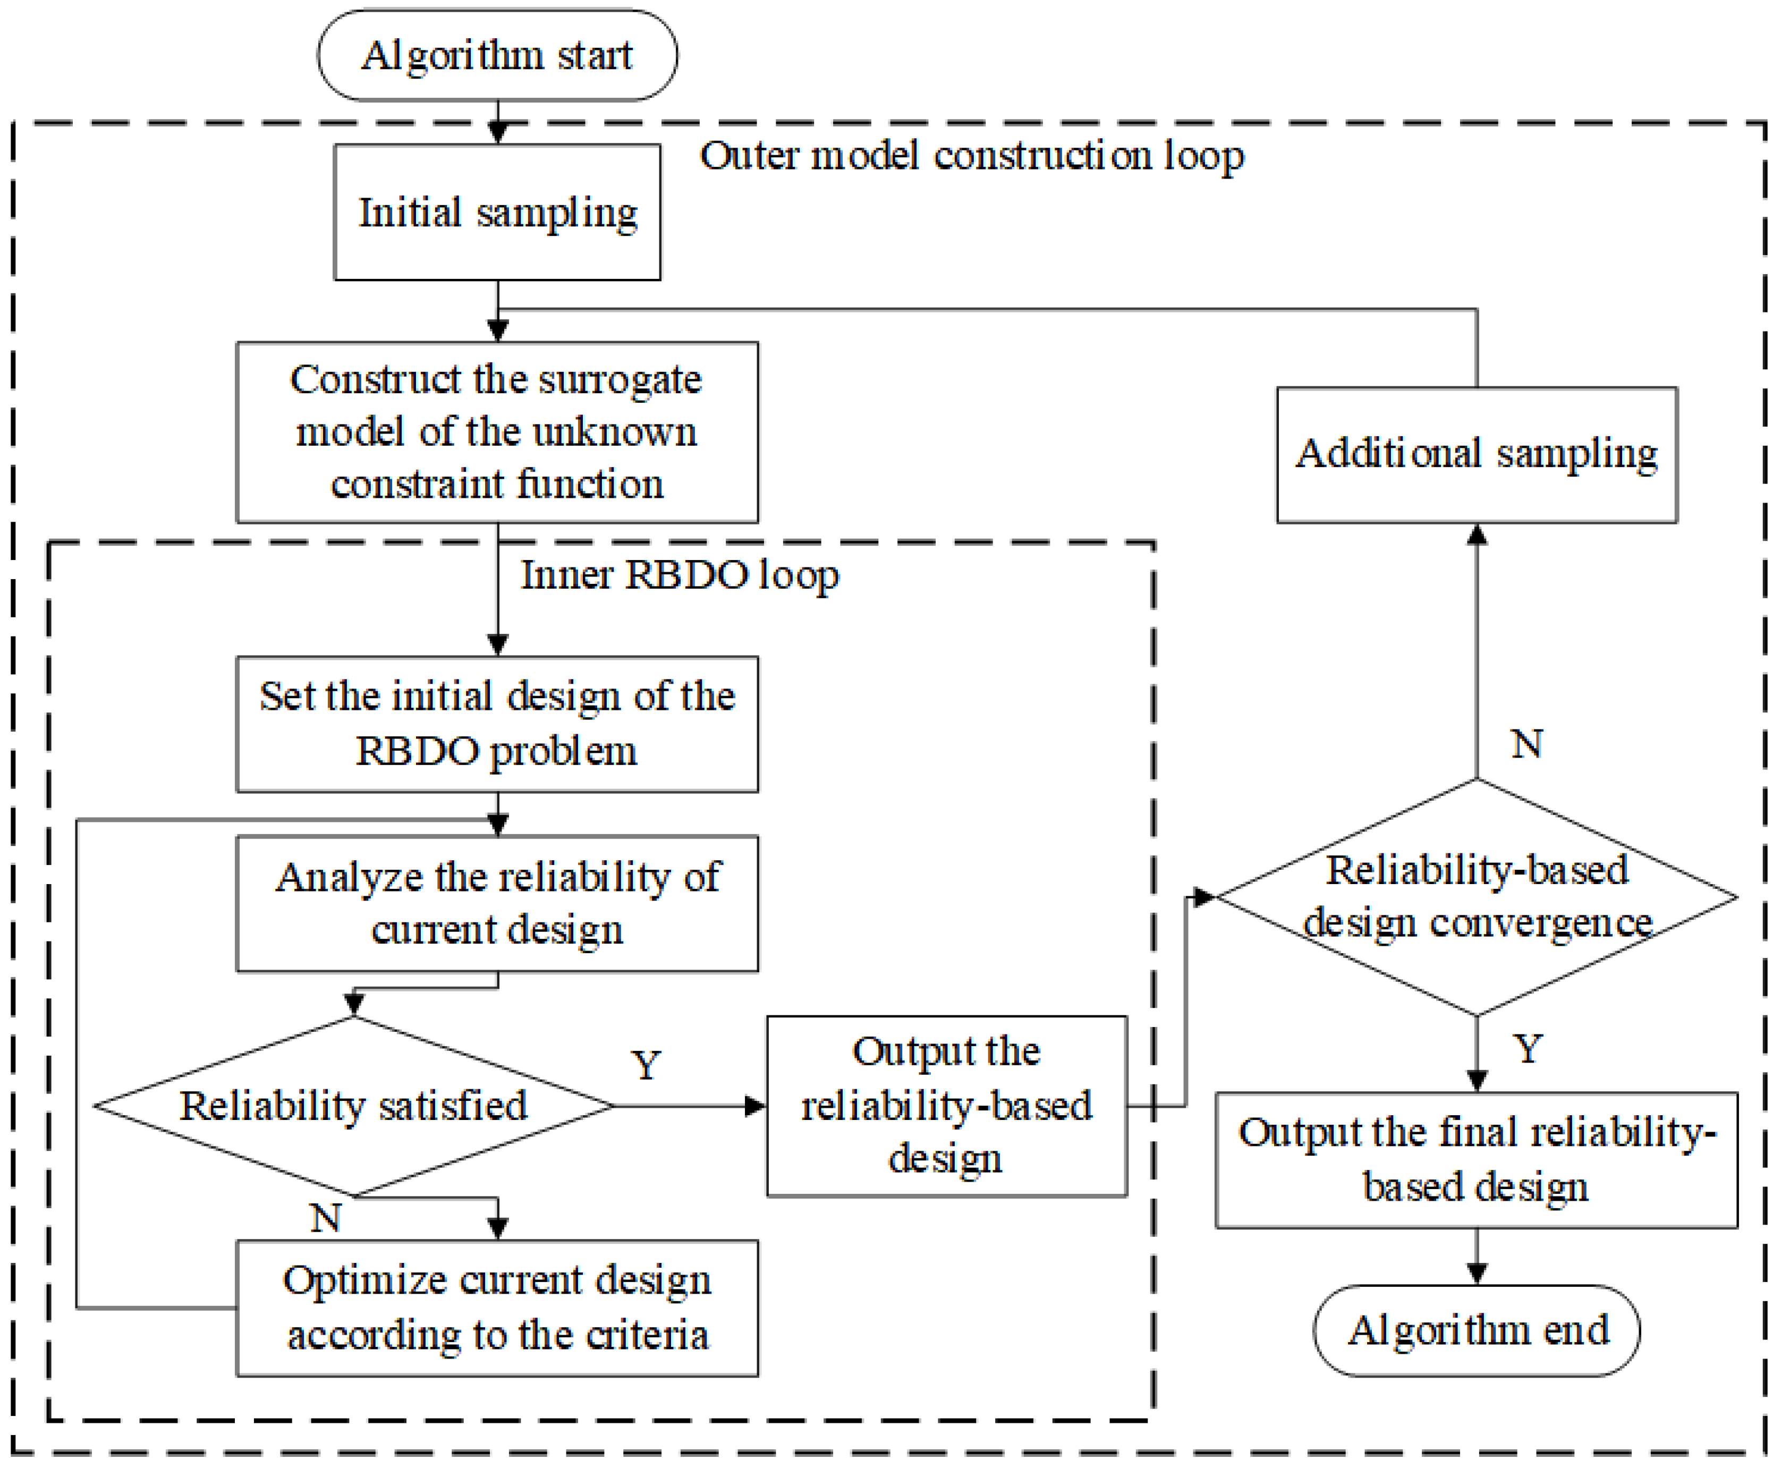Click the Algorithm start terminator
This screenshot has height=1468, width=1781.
(497, 56)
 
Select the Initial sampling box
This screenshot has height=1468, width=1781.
(497, 212)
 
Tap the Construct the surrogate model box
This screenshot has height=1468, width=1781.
(497, 432)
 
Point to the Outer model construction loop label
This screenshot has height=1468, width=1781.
(972, 156)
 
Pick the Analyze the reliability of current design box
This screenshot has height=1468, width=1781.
(497, 903)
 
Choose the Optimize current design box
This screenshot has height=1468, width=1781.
(497, 1308)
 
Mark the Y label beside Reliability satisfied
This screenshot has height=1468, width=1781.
(646, 1065)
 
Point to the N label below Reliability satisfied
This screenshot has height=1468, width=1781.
(326, 1218)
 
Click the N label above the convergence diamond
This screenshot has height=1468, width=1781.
(1526, 745)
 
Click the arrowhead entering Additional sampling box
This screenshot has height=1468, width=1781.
(1477, 534)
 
